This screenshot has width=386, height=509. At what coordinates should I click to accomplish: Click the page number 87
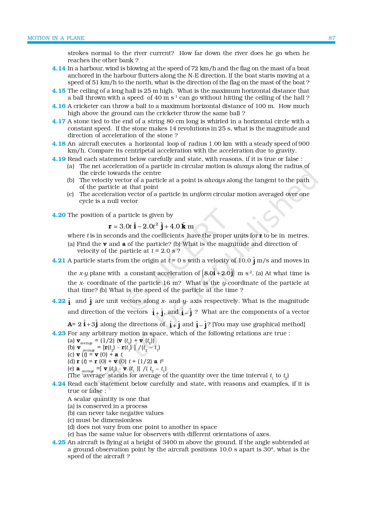tap(332, 38)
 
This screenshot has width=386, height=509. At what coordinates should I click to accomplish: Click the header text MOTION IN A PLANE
tap(56, 38)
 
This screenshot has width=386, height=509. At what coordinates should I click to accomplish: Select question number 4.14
tap(59, 68)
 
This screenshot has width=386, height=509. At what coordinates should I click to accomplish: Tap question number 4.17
tap(59, 121)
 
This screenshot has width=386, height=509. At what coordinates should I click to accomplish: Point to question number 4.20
tap(59, 215)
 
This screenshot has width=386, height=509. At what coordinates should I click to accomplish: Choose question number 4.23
tap(59, 333)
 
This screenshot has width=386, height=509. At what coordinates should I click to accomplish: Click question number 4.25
tap(59, 442)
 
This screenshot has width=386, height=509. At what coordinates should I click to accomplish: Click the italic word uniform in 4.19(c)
tap(200, 194)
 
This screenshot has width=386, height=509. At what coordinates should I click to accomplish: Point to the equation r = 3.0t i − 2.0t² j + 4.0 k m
tap(151, 226)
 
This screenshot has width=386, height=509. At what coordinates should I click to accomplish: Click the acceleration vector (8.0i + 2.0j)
tap(219, 273)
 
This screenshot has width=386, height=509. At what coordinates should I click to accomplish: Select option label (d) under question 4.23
tap(71, 361)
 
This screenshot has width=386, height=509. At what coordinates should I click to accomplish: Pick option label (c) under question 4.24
tap(71, 420)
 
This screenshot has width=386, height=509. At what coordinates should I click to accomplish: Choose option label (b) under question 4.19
tap(71, 180)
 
